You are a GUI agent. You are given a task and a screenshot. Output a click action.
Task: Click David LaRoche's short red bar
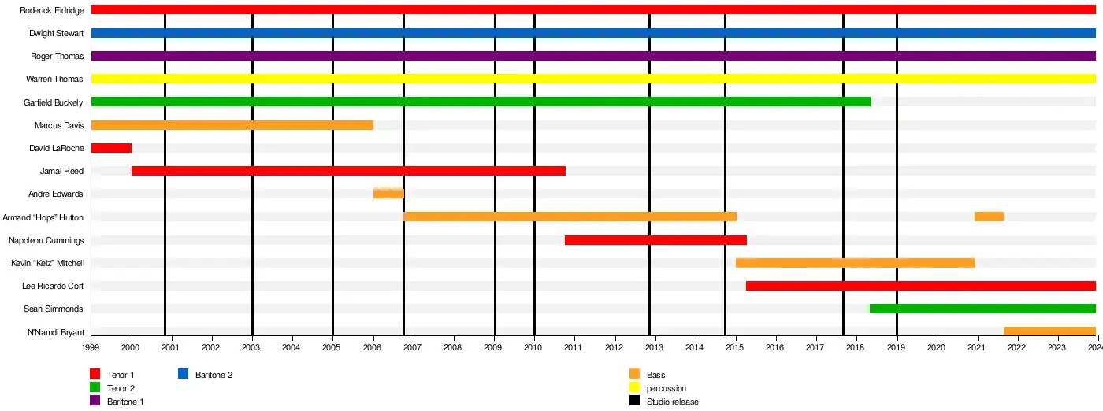[111, 148]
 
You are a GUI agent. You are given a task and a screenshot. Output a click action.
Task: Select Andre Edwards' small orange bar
[388, 194]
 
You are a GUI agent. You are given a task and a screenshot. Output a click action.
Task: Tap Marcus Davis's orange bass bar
[232, 125]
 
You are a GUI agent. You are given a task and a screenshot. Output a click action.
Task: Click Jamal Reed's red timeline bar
[348, 171]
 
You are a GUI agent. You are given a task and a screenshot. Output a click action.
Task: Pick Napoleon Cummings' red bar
[655, 240]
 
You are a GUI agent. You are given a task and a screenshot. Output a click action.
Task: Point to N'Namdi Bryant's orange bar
[1049, 331]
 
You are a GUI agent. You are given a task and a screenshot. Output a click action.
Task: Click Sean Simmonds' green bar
[982, 309]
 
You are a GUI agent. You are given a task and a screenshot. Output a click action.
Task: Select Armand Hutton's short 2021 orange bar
[989, 217]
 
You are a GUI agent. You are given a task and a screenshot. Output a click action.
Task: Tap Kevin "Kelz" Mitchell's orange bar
[856, 263]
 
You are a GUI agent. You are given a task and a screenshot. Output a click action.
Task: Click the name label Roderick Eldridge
[53, 10]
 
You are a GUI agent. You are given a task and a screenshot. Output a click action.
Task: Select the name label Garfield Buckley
[54, 102]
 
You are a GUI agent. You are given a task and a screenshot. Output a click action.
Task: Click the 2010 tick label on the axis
[533, 347]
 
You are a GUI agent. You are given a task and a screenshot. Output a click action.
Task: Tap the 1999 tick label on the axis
[91, 347]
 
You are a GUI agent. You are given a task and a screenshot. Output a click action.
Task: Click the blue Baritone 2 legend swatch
[184, 375]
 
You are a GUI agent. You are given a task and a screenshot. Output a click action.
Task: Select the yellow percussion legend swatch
[634, 388]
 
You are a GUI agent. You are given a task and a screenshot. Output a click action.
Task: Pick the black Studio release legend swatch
[634, 402]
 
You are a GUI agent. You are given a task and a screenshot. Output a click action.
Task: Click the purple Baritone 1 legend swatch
[95, 402]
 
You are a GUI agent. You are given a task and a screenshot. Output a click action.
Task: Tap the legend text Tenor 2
[121, 388]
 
